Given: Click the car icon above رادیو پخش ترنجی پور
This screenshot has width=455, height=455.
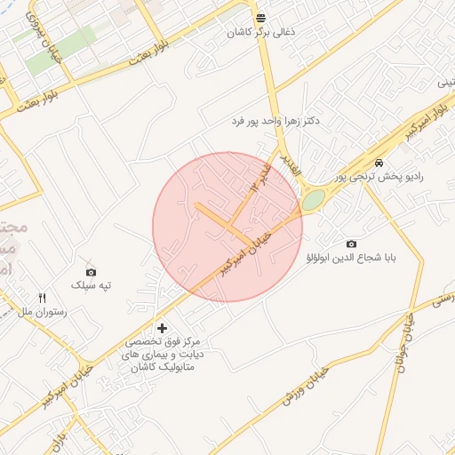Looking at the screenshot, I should (x=379, y=164).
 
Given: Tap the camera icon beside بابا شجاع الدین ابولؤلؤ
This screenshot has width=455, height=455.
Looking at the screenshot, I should (x=351, y=243).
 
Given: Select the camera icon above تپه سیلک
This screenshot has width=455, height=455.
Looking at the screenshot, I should (x=91, y=272).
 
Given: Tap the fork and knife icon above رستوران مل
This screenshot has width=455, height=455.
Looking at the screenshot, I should (x=42, y=298).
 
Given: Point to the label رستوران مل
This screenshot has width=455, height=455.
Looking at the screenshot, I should (x=37, y=312).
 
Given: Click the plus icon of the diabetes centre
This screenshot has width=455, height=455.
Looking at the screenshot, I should (x=162, y=328).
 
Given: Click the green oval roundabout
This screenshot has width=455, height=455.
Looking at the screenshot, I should (x=313, y=200).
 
